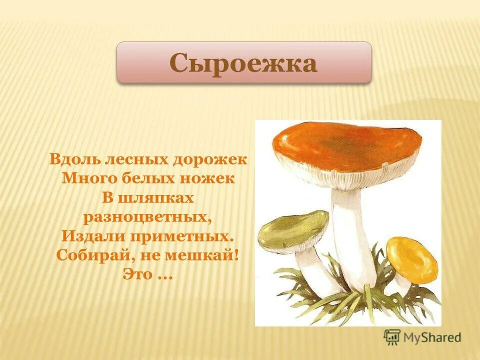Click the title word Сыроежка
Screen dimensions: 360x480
(243, 63)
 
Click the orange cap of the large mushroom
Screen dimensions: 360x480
(345, 145)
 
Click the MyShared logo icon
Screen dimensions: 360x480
(391, 336)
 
